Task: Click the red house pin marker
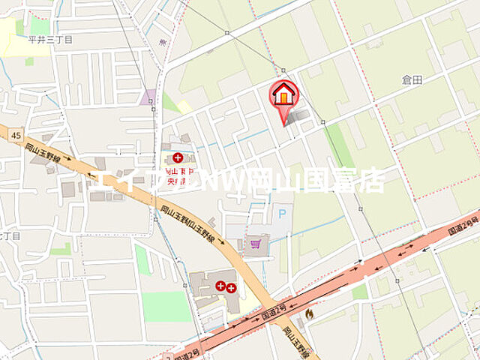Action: click(x=284, y=97)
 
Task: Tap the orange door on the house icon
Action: click(x=284, y=97)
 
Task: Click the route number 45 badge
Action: click(x=16, y=135)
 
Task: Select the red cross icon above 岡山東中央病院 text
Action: click(x=178, y=157)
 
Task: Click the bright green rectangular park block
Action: click(x=166, y=306)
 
